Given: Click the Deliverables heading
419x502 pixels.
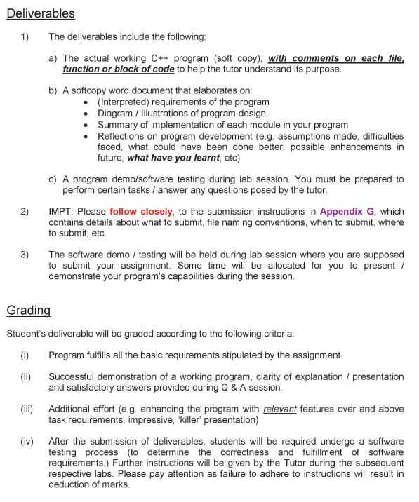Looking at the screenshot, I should point(41,13).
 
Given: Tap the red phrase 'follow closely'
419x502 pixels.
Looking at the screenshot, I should point(140,211).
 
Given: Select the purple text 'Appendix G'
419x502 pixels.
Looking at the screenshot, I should point(347,211).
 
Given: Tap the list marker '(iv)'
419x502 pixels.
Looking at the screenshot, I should point(27,441).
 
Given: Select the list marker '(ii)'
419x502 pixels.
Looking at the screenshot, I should point(25,376).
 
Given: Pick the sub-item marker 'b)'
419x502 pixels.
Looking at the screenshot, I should point(53,90).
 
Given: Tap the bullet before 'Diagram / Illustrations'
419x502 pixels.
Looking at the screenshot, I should point(86,114).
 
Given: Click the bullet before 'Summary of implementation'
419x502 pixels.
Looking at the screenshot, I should point(86,125).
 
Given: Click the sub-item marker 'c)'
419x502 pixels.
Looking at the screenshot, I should point(53,179).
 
